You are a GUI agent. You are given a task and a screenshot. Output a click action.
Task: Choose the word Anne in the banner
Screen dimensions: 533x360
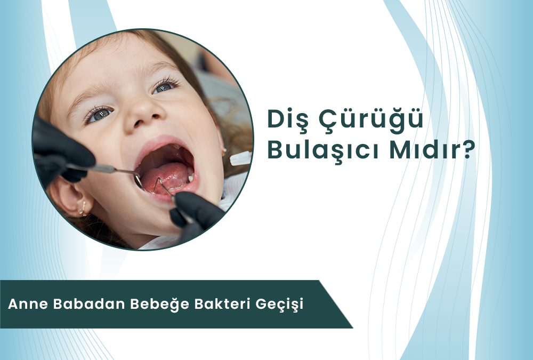click(x=28, y=304)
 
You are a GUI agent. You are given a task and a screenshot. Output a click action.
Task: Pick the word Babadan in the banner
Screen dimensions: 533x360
click(x=90, y=304)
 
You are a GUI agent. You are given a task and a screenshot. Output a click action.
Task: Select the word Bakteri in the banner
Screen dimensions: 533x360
click(x=222, y=304)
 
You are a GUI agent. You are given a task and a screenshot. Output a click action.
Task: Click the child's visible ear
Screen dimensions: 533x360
click(x=69, y=198)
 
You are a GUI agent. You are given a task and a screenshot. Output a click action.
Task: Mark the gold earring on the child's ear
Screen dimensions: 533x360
click(x=83, y=208)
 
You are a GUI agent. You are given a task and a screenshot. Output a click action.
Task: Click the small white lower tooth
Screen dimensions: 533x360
click(x=190, y=177)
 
